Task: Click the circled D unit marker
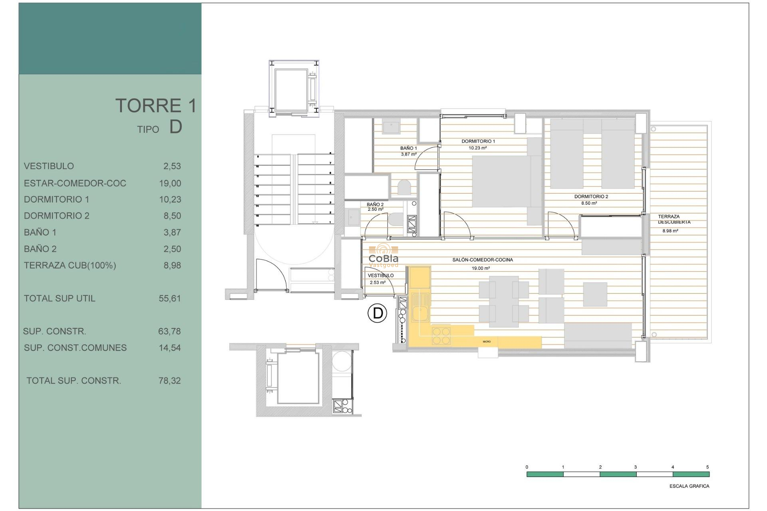[377, 313]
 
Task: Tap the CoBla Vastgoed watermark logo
[383, 255]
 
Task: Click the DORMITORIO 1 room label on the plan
[478, 141]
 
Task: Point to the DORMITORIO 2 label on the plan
[591, 196]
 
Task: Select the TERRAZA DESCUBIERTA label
[674, 219]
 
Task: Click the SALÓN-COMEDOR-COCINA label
[483, 260]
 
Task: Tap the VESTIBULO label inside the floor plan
[380, 275]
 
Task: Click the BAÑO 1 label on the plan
[408, 148]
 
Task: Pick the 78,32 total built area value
[169, 381]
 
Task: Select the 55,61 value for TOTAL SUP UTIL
[169, 299]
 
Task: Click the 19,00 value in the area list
[170, 183]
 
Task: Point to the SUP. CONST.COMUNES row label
[75, 348]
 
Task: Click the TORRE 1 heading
[156, 106]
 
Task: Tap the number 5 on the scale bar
[707, 467]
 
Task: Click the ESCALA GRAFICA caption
[689, 486]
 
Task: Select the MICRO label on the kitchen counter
[487, 342]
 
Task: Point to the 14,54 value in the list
[169, 348]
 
